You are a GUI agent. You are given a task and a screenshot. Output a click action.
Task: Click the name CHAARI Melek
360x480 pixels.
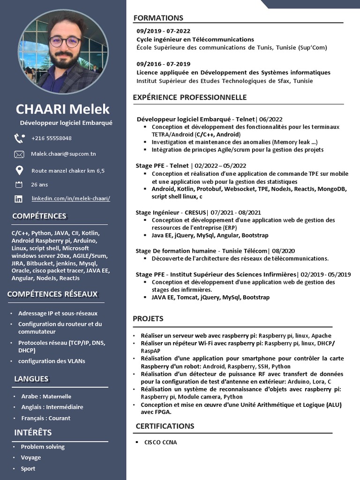(x=63, y=109)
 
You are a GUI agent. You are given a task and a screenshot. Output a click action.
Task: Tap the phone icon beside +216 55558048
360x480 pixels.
(x=19, y=138)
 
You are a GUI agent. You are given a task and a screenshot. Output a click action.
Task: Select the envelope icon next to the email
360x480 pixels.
(x=19, y=154)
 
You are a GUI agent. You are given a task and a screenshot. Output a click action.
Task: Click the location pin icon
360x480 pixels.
(x=19, y=170)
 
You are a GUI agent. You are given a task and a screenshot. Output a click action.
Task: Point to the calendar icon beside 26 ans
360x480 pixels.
(x=19, y=185)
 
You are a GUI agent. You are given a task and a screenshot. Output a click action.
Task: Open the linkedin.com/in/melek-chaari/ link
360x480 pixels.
(x=71, y=199)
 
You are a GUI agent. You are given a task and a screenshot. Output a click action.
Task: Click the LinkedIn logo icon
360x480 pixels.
(x=19, y=199)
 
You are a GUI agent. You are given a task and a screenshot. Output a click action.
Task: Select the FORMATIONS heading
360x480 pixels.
(x=158, y=18)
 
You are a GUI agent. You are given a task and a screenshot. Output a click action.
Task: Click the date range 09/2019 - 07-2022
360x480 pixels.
(x=164, y=31)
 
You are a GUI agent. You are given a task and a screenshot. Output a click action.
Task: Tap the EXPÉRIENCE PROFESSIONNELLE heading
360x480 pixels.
(x=189, y=97)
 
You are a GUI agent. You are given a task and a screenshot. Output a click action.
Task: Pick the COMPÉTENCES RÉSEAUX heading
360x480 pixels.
(x=52, y=294)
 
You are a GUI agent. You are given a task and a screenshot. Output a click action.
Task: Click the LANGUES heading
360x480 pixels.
(x=31, y=379)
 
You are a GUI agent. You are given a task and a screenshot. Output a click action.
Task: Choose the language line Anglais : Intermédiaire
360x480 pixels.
(x=52, y=407)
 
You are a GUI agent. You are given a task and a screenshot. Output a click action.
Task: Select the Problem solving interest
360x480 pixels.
(x=43, y=447)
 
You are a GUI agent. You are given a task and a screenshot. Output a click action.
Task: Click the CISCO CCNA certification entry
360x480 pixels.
(x=161, y=442)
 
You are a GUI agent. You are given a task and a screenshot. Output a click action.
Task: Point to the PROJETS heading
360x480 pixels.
(x=148, y=319)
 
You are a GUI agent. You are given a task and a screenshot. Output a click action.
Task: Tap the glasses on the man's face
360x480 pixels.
(x=65, y=42)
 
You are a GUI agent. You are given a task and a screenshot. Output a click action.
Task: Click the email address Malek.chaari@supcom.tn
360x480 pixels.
(x=64, y=154)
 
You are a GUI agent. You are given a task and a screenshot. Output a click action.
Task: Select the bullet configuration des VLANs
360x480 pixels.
(x=52, y=361)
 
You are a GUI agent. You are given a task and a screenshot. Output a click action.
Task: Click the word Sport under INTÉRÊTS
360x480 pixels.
(x=28, y=468)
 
